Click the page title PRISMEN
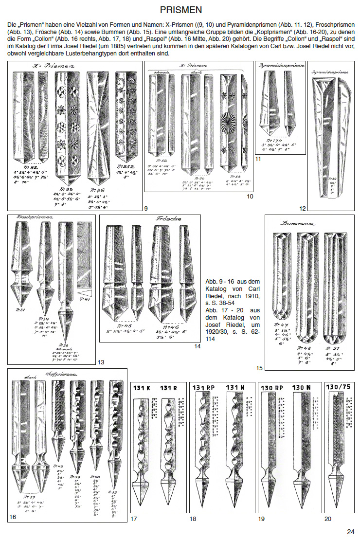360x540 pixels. [180, 9]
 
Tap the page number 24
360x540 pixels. [351, 531]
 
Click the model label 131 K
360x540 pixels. [142, 388]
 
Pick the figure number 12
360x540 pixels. [303, 208]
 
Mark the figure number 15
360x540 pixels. [259, 368]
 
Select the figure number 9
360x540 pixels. [145, 208]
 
